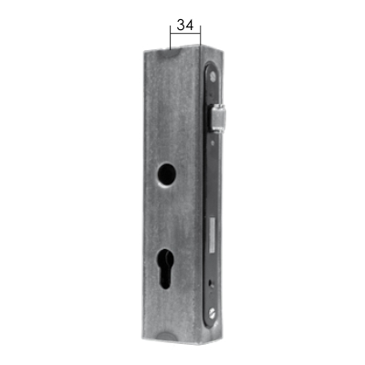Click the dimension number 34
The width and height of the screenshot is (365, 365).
coord(185,25)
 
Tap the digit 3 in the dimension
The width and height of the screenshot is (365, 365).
coord(181,25)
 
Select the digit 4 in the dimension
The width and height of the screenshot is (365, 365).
coord(190,25)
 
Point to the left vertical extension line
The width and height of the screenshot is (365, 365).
coord(171,37)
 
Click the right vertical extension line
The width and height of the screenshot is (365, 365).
coord(201,36)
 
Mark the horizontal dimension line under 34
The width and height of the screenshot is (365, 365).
coord(185,33)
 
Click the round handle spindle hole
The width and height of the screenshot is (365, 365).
coord(166,172)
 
